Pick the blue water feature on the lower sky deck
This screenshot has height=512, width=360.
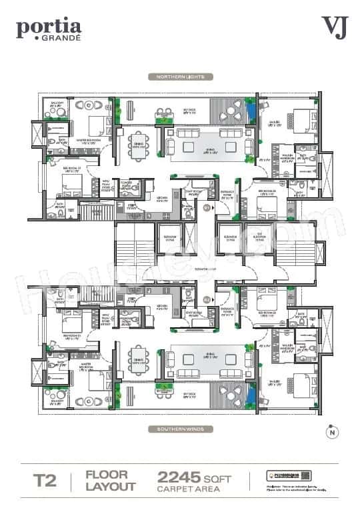[250, 398]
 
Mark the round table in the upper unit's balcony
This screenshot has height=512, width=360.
[56, 113]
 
